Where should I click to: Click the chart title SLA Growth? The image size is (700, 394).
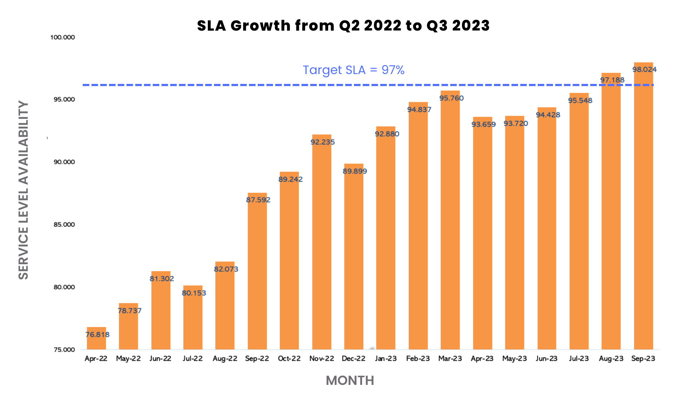click(343, 26)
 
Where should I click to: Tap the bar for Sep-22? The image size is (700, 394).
click(257, 274)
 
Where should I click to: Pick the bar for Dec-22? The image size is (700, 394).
click(354, 259)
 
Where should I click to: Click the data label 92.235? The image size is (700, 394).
click(323, 142)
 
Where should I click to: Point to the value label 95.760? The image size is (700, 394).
click(451, 98)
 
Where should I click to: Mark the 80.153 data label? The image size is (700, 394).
click(194, 293)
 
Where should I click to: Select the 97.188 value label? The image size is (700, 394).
click(612, 80)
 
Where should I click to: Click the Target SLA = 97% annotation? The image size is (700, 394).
click(354, 70)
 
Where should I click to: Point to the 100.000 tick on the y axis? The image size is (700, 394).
click(63, 37)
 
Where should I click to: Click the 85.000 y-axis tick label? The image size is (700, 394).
click(64, 225)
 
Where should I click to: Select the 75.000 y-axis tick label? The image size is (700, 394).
click(64, 350)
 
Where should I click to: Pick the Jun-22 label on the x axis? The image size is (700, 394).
click(160, 359)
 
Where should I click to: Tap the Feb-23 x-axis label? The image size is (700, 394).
click(418, 359)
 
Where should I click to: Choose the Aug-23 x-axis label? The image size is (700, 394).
click(611, 359)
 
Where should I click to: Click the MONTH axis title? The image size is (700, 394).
click(350, 381)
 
